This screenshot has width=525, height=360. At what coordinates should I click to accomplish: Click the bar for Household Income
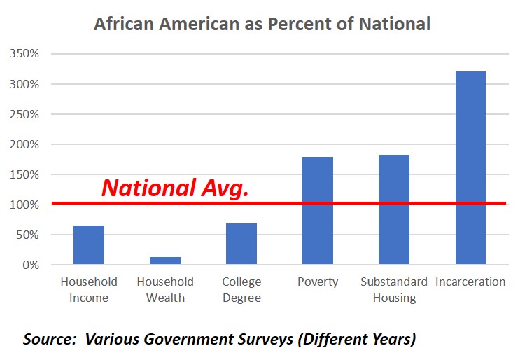click(x=89, y=245)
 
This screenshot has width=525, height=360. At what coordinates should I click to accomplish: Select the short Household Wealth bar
click(x=165, y=261)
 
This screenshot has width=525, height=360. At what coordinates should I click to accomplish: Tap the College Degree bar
click(x=241, y=244)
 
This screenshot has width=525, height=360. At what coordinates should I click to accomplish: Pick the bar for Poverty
click(x=318, y=211)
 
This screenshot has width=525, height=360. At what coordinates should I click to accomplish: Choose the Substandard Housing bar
click(x=394, y=209)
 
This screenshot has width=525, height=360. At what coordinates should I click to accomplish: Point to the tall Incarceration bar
click(x=470, y=168)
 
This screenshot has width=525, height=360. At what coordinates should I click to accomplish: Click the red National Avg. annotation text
click(x=175, y=188)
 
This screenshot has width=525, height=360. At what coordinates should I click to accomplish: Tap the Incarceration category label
click(x=470, y=282)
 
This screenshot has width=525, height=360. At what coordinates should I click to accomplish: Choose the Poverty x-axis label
click(x=318, y=282)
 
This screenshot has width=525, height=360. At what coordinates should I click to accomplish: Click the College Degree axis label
click(x=241, y=289)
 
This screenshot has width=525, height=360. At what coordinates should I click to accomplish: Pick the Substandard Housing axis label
click(x=394, y=289)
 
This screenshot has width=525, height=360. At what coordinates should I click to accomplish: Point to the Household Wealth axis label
click(x=165, y=289)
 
